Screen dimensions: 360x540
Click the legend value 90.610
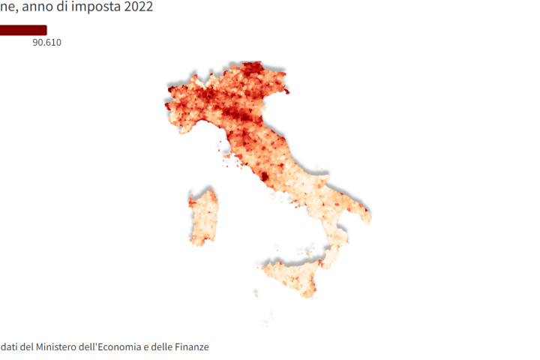(46, 43)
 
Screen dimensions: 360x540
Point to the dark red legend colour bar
(22, 30)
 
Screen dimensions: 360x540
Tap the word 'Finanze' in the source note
(191, 347)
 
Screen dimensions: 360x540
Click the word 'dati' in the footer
(10, 347)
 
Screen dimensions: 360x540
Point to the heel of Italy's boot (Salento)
(364, 213)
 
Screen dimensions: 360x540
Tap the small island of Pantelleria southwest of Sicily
(256, 293)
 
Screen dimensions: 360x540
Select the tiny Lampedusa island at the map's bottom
(268, 324)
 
